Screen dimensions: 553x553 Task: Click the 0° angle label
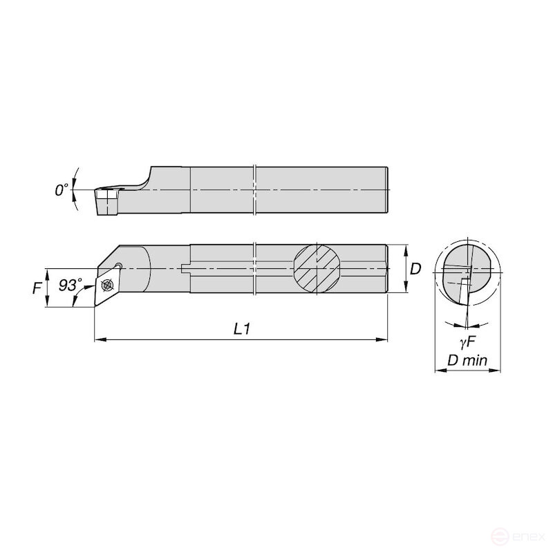(x=62, y=190)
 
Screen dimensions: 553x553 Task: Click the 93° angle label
(x=71, y=285)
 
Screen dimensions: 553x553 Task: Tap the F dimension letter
(x=37, y=288)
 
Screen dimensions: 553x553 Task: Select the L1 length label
(x=243, y=329)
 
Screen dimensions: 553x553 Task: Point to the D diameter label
(x=416, y=269)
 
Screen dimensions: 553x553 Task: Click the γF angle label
(x=468, y=341)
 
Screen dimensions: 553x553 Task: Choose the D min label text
(x=467, y=360)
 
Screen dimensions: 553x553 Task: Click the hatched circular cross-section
(x=317, y=269)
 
